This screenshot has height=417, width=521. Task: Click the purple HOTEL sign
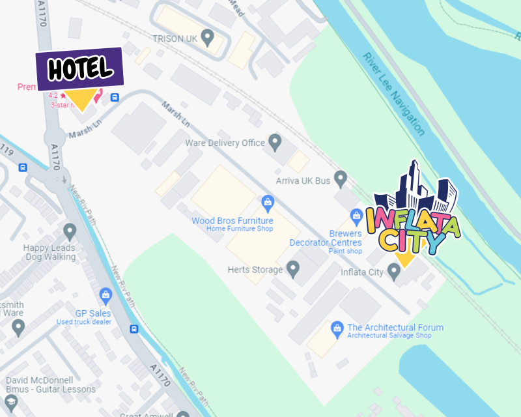coord(79,68)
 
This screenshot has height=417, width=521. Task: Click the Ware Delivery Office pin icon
coord(275,141)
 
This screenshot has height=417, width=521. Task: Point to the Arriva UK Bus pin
coord(340,177)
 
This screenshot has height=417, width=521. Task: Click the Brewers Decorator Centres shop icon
coord(356,215)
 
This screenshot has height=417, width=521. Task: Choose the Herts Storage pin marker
coord(293,268)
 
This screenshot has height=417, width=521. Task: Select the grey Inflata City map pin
coord(394,272)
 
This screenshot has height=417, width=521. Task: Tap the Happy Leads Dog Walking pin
coord(70,231)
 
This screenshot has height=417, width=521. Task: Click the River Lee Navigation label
coord(394,94)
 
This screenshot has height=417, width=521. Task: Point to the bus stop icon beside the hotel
coord(115,98)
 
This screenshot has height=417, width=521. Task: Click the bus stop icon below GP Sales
coord(134,329)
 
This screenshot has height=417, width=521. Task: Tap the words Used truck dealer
coord(83,322)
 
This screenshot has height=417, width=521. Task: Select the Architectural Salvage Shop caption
coord(389,336)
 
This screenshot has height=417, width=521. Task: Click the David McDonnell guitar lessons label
coord(50,384)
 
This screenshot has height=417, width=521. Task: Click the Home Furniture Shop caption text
coord(240,229)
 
